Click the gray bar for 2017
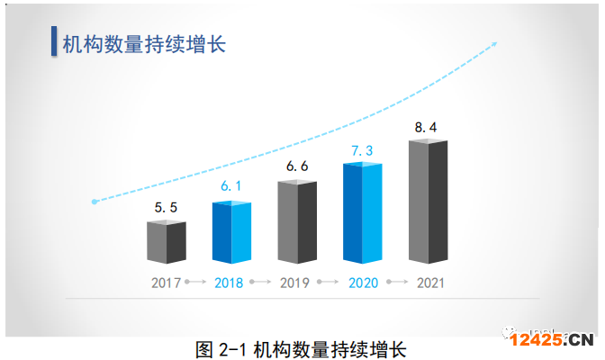click(166, 242)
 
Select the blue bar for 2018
click(231, 232)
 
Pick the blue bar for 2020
click(362, 212)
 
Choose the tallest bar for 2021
click(428, 202)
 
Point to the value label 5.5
click(166, 208)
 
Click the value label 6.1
click(231, 186)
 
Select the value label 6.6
click(297, 166)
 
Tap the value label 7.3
click(362, 149)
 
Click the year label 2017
click(166, 283)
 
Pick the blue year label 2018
click(230, 283)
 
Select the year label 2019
click(295, 283)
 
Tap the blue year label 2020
click(364, 283)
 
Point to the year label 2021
click(430, 283)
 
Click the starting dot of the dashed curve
click(94, 202)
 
